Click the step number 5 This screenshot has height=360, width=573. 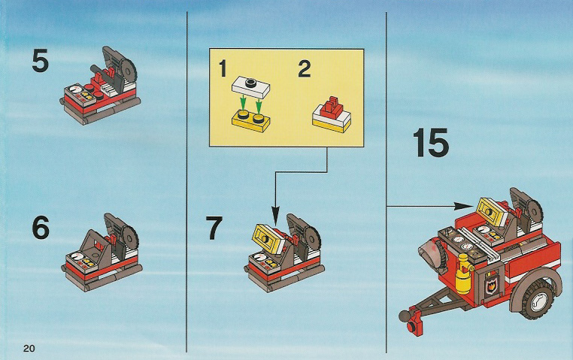pos(40,61)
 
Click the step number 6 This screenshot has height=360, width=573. pos(41,227)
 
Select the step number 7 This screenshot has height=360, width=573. pos(214,228)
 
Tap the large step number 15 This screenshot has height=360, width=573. pos(430,142)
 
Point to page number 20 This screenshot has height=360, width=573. pos(29,348)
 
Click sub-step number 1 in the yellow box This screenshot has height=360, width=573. pos(223,68)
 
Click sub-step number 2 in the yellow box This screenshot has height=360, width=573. pos(304,68)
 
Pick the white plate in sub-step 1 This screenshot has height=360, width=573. pos(251,86)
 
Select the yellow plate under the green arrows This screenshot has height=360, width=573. pos(250,120)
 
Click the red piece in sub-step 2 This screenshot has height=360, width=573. pos(332,107)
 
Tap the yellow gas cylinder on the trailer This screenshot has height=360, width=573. pos(463,274)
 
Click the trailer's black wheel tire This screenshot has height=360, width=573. pos(539,298)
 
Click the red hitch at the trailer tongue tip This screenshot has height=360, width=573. pos(415,320)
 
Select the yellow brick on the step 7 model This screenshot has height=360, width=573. pos(269,239)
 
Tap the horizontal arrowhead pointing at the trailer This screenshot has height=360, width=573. pos(461,206)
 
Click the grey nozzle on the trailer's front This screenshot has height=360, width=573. pos(432,253)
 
